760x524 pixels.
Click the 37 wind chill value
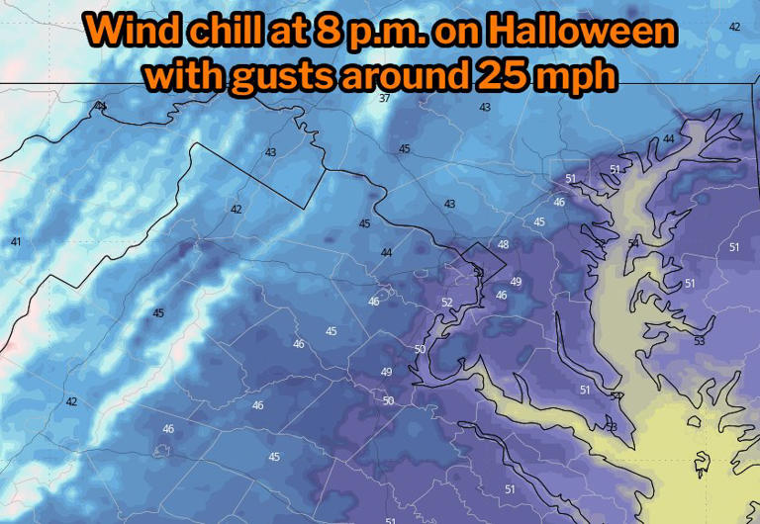[384, 98]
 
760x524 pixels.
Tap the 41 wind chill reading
[16, 242]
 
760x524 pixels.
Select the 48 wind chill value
[503, 244]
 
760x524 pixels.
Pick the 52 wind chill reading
[446, 303]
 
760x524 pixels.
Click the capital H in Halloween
[515, 31]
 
